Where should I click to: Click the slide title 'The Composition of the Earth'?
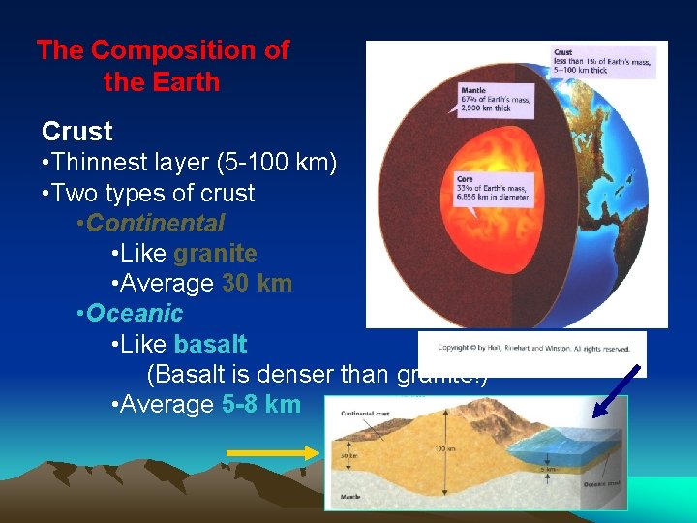click(163, 66)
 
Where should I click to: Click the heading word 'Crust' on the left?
click(77, 132)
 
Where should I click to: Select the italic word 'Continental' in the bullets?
click(156, 224)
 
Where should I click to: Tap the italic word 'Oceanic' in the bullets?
click(135, 314)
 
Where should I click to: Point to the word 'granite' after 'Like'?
click(215, 254)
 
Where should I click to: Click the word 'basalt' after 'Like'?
click(210, 344)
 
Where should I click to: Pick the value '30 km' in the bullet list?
click(257, 284)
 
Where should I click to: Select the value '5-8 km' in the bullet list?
click(261, 404)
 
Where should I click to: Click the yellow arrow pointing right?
click(271, 451)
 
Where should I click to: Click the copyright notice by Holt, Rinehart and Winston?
click(533, 348)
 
